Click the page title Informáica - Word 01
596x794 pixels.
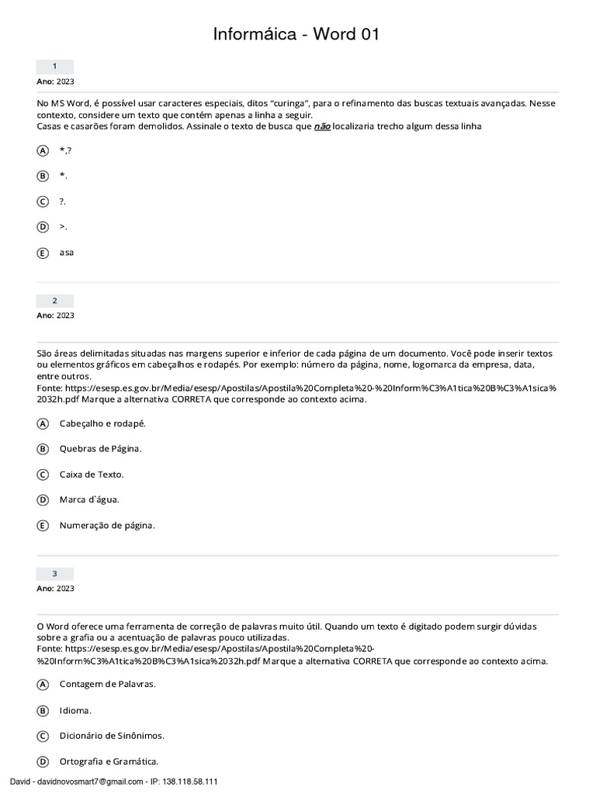point(297,34)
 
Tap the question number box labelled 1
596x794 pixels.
point(55,67)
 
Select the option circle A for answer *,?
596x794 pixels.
point(43,150)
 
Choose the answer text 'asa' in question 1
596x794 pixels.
point(67,253)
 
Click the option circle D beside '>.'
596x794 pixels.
point(43,227)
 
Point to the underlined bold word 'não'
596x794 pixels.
point(321,126)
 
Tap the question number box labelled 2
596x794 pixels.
point(55,301)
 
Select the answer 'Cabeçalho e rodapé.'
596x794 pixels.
point(102,423)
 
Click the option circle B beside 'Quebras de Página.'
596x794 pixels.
point(43,449)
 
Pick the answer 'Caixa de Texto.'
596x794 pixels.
point(92,475)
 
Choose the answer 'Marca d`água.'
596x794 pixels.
point(89,500)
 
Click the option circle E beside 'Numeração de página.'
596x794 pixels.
point(43,526)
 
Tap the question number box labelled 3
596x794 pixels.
point(55,574)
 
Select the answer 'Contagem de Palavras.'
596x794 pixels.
point(107,685)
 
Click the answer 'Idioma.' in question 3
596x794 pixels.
point(75,710)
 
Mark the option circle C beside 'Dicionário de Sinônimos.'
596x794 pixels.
point(43,736)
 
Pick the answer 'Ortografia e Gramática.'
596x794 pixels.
point(109,761)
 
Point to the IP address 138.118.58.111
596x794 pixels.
point(189,782)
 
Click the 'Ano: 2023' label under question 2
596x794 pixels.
point(56,316)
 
